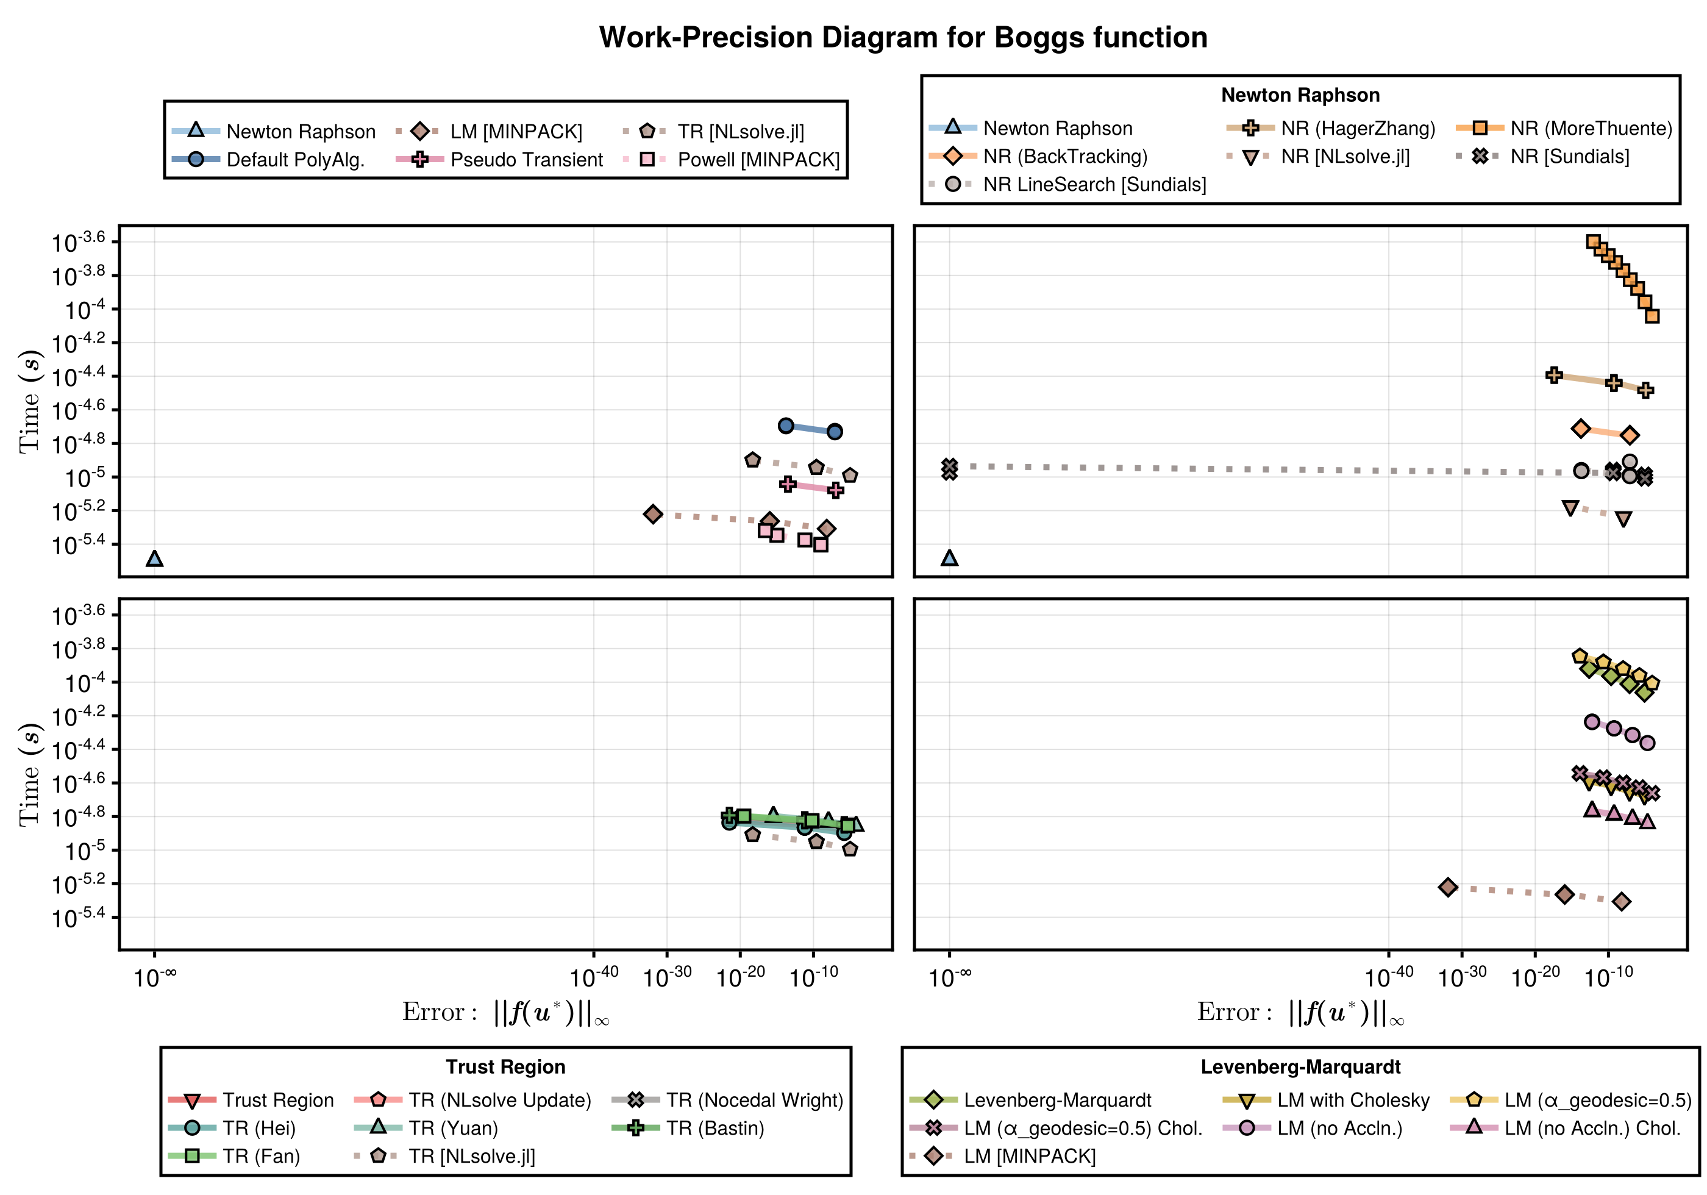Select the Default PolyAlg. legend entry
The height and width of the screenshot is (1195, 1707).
[x=294, y=160]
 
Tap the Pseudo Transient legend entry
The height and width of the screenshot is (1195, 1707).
[x=526, y=160]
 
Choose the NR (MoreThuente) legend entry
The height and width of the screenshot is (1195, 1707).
[x=1591, y=129]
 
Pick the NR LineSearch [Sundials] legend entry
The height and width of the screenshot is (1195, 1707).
[x=1094, y=184]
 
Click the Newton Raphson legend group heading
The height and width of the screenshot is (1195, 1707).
[x=1300, y=95]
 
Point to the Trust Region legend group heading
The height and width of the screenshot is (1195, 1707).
[x=505, y=1066]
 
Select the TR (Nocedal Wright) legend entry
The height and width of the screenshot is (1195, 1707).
[x=754, y=1100]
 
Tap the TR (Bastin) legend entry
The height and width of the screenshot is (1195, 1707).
[x=715, y=1128]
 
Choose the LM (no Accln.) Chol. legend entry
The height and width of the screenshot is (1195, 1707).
[x=1592, y=1128]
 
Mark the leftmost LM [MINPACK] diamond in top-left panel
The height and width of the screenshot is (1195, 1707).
[x=653, y=514]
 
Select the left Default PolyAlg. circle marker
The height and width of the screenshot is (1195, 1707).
[x=786, y=426]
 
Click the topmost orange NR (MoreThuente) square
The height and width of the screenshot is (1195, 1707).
[x=1593, y=241]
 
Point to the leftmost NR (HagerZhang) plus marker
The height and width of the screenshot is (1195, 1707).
[x=1553, y=376]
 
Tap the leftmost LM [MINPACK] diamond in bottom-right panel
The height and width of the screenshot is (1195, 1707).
[x=1447, y=886]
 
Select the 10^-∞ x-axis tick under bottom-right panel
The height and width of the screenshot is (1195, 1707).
[x=949, y=976]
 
